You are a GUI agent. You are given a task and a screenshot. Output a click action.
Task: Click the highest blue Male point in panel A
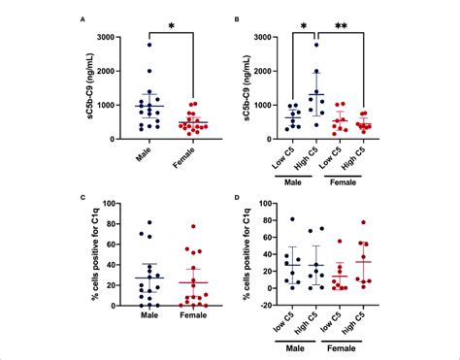coord(148,46)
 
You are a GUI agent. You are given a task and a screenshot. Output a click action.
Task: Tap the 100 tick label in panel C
coord(115,204)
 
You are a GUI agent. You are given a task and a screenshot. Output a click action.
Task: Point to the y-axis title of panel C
coord(91,255)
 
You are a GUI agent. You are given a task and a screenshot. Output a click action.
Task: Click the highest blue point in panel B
coord(315,45)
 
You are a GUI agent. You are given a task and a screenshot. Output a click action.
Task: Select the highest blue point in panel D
coord(293,220)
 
